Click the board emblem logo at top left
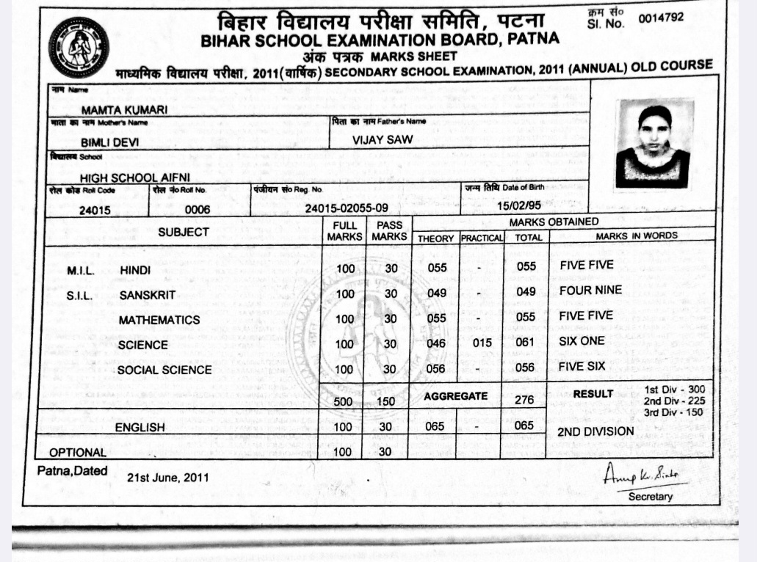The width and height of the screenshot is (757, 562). (x=79, y=48)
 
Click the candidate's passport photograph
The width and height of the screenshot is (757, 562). (x=653, y=144)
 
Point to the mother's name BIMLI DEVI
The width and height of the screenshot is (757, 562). (x=110, y=143)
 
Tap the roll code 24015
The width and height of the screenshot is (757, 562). (x=95, y=211)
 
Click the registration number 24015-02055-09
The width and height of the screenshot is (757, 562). (x=347, y=208)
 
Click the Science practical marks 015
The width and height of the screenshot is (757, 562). (x=482, y=343)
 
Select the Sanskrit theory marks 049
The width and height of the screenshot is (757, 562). (x=437, y=293)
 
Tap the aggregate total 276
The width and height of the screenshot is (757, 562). (x=524, y=400)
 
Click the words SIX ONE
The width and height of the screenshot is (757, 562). (x=582, y=341)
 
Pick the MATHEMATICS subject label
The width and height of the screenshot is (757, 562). (x=159, y=320)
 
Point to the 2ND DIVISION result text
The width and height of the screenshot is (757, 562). (x=595, y=431)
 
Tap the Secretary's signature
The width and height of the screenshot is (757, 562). (x=640, y=476)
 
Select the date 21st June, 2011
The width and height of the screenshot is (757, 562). (x=167, y=478)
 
